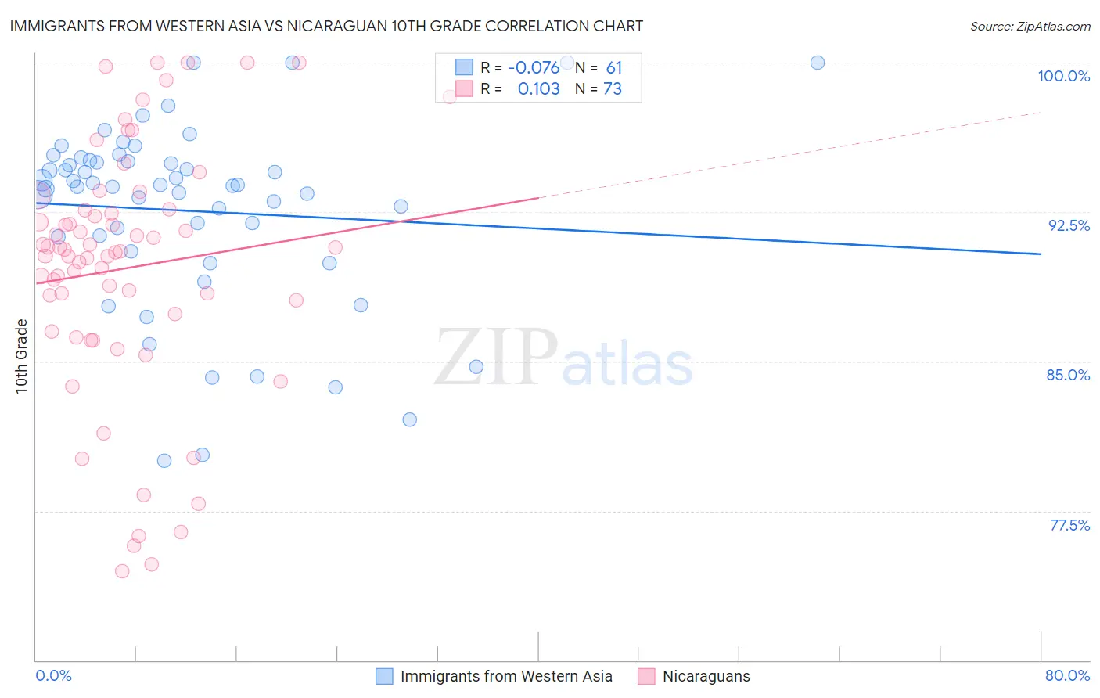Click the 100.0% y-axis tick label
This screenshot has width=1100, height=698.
(1063, 76)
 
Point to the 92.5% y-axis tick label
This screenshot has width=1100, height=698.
(1069, 225)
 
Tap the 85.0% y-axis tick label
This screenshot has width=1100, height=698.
(1068, 375)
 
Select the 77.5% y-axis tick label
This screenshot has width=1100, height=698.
(1069, 525)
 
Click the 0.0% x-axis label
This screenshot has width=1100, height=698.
(53, 675)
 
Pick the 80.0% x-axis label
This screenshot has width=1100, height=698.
(1067, 675)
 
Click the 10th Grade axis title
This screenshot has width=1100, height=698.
(21, 356)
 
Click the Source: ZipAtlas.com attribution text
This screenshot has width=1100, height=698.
(1030, 26)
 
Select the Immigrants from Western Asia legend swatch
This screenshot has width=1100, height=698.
(384, 676)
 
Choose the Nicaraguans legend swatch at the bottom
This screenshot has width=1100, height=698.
(646, 676)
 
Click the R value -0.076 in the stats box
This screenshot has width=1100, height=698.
(534, 68)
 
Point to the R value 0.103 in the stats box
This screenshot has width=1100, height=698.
(538, 89)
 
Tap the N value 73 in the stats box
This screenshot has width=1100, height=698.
(612, 89)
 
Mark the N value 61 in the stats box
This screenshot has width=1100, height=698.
(613, 68)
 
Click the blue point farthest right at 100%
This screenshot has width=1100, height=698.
(818, 63)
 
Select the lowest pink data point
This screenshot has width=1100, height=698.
(122, 571)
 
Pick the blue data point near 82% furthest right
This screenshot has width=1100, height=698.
(410, 419)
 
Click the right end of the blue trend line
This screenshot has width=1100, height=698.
(1041, 254)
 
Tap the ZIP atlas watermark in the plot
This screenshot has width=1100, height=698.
(563, 358)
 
